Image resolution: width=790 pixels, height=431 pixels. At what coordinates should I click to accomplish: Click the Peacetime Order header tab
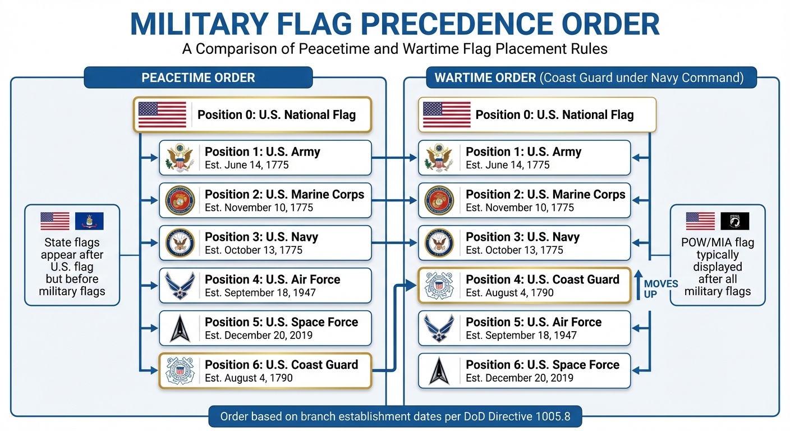(198, 77)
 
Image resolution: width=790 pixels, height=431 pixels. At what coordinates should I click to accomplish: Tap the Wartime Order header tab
(591, 77)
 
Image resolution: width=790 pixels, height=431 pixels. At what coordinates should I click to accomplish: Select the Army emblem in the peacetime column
(180, 158)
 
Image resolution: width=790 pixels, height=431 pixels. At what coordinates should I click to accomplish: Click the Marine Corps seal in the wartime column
(439, 200)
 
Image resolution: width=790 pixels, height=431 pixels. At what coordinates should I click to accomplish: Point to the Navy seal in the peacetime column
(180, 243)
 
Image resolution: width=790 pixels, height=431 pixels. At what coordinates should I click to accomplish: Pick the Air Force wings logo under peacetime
(180, 286)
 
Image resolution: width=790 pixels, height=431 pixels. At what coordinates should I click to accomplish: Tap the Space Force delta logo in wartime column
(439, 371)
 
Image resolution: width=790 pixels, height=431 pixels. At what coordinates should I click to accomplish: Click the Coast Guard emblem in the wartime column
(439, 286)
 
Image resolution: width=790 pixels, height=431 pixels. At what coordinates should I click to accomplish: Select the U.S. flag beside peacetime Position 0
(162, 114)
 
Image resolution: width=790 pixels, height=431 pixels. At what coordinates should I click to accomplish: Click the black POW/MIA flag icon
(734, 221)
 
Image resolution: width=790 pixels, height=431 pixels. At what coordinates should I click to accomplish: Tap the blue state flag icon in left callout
(89, 221)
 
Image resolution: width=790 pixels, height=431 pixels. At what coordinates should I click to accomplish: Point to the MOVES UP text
(661, 288)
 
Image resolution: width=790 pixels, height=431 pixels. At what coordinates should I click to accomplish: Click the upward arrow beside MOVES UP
(637, 286)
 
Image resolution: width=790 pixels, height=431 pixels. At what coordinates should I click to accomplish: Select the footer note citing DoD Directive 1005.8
(395, 417)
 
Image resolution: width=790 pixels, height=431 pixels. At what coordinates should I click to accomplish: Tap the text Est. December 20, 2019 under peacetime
(259, 335)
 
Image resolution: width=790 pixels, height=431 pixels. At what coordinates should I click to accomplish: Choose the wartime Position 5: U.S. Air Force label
(534, 322)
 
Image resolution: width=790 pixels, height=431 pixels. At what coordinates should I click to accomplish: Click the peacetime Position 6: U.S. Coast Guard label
(281, 365)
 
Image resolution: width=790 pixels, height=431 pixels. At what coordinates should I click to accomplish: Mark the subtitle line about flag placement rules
(394, 49)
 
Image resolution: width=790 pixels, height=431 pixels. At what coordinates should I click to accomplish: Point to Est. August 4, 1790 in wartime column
(509, 292)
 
